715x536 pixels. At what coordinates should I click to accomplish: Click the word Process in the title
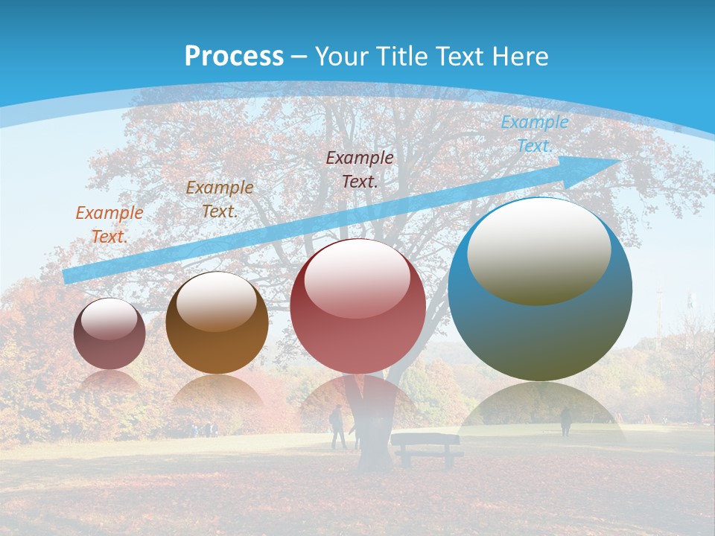pyautogui.click(x=234, y=57)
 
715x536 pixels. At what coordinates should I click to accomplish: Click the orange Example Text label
pyautogui.click(x=109, y=224)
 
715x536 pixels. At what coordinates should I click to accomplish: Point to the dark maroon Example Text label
pyautogui.click(x=360, y=169)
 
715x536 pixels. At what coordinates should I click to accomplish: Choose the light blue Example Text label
pyautogui.click(x=535, y=134)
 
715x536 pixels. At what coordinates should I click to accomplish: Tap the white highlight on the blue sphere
pyautogui.click(x=538, y=249)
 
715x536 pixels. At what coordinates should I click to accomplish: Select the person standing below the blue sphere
pyautogui.click(x=565, y=421)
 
